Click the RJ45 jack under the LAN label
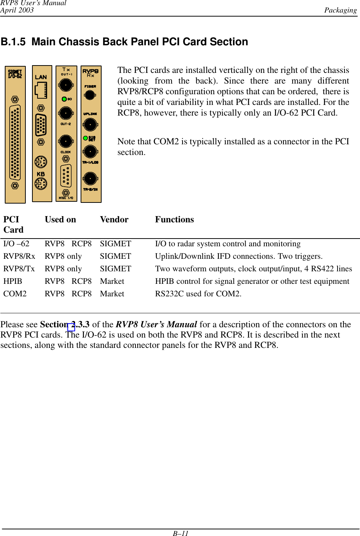pos(41,90)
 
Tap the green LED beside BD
pos(64,99)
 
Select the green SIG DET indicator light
pos(85,138)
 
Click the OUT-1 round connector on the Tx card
pos(66,85)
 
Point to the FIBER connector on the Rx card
pos(90,95)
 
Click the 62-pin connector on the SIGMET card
pos(15,142)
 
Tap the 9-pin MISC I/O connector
pos(66,176)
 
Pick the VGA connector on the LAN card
pos(41,125)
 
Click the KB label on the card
pos(41,174)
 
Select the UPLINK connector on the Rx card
pos(90,124)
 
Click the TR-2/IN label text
pos(91,190)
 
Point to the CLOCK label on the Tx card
pos(66,152)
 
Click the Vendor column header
pos(114,220)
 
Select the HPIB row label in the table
pos(13,281)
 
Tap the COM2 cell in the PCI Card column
pos(15,294)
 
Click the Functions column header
pos(174,220)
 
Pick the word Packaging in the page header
pos(340,10)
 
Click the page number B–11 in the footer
pos(180,533)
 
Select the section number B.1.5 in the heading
pos(13,42)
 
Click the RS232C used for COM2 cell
pos(198,294)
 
